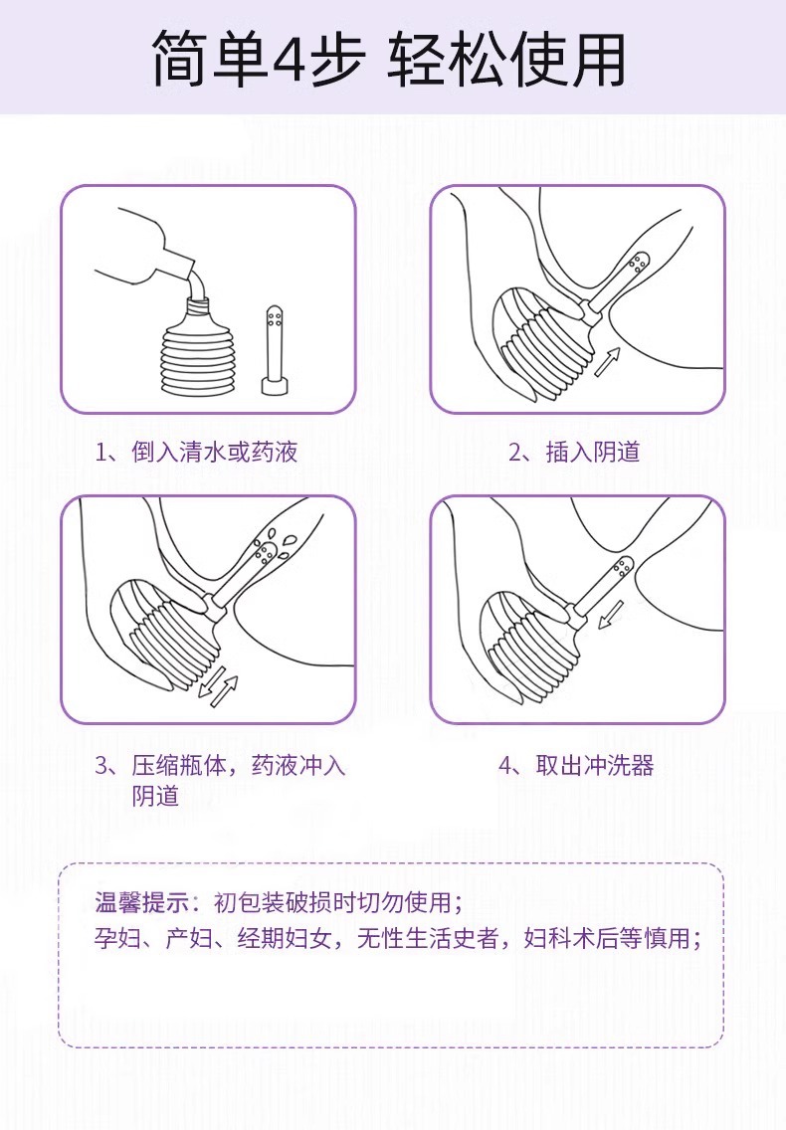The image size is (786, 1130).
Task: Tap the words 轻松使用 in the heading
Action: point(507,59)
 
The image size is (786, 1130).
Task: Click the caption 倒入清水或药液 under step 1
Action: point(214,452)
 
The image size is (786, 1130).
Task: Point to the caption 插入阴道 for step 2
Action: point(593,452)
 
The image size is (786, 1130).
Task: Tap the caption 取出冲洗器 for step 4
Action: point(595,765)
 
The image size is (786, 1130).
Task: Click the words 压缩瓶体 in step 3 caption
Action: point(179,765)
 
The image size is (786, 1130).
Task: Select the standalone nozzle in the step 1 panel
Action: point(275,350)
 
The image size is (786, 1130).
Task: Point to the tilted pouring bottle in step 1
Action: point(148,249)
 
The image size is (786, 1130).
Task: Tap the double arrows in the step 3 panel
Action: point(218,690)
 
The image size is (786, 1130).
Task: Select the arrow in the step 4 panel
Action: point(612,615)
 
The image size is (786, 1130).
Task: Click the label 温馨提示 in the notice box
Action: point(141,902)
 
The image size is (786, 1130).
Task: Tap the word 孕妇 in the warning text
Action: point(117,938)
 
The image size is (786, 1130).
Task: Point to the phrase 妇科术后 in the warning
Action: point(570,938)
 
